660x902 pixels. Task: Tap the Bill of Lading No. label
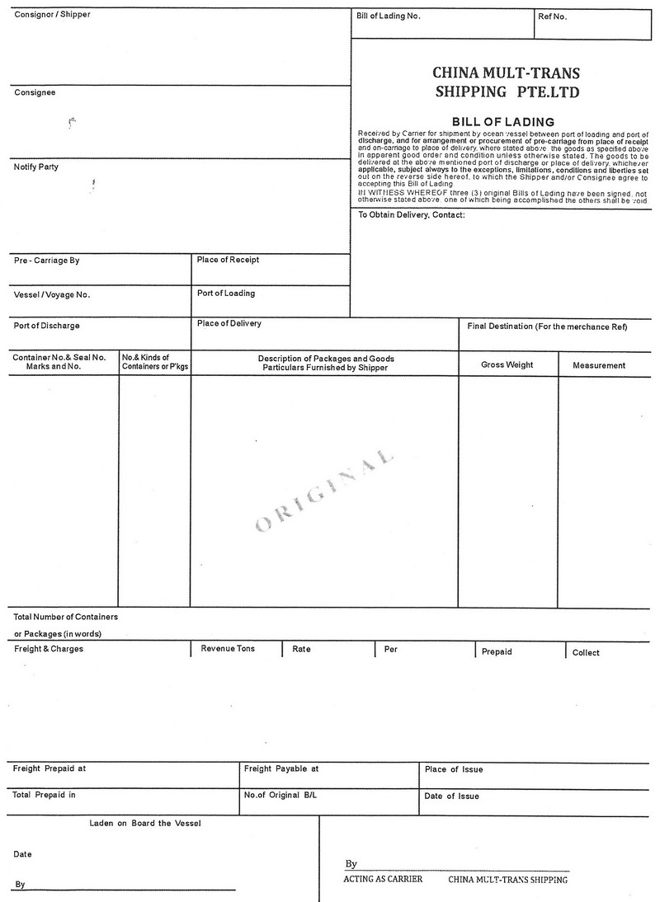tap(389, 16)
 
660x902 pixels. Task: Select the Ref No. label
tap(553, 16)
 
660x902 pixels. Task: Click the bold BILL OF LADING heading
tap(502, 122)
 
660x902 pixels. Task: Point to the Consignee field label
tap(35, 92)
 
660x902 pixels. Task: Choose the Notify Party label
tap(36, 167)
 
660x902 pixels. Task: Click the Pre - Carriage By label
tap(46, 261)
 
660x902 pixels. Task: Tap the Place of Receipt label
tap(228, 260)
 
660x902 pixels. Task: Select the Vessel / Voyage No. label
tap(52, 294)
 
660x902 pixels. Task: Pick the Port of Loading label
tap(226, 294)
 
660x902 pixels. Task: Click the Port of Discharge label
tap(47, 326)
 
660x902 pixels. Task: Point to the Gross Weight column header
tap(507, 364)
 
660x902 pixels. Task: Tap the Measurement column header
tap(599, 365)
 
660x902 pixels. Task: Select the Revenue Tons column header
tap(228, 649)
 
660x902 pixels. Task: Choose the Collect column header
tap(586, 652)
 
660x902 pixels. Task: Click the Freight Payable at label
tap(281, 768)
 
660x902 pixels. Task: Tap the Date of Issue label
tap(451, 796)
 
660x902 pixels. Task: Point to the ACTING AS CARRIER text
tap(383, 880)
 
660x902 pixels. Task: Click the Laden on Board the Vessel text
tap(145, 824)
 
